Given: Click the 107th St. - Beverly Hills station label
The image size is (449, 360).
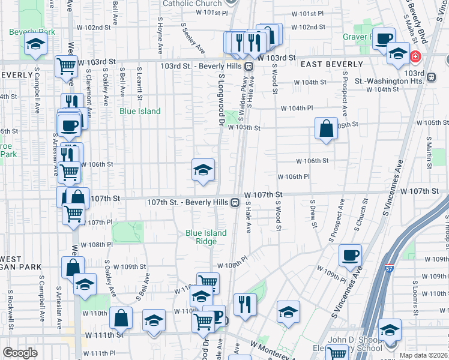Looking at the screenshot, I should tap(188, 202).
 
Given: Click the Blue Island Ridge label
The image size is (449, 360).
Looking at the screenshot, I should tap(206, 237).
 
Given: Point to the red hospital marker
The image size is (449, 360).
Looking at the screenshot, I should tap(415, 58).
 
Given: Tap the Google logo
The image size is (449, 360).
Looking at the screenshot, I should tap(20, 353).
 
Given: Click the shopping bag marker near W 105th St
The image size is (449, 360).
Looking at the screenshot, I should tap(326, 128).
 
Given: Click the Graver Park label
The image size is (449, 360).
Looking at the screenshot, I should tap(358, 37).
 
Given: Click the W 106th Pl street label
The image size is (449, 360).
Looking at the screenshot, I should tap(293, 176).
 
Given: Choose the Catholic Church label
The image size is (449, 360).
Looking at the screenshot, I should tap(192, 4).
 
